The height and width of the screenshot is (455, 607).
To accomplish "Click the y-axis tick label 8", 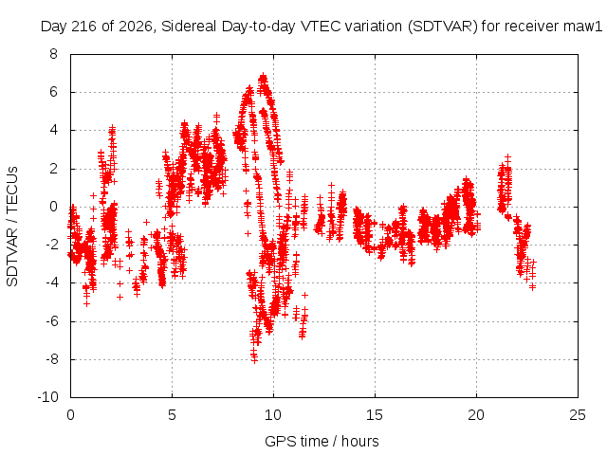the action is [x=53, y=54].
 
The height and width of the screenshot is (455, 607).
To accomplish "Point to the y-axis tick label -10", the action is [x=47, y=397].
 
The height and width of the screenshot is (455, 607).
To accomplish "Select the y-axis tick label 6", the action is [x=53, y=92].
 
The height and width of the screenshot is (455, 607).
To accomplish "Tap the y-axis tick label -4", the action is [x=51, y=282].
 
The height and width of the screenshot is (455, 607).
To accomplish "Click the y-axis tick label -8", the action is [x=51, y=359].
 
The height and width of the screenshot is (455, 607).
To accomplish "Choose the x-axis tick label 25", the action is [x=578, y=415].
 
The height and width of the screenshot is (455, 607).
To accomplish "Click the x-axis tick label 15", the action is [x=375, y=415].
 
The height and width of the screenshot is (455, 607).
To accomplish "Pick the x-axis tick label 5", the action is [x=172, y=415].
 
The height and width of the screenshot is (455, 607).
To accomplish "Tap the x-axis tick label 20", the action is [x=476, y=415].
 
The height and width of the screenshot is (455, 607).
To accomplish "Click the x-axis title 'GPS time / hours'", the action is [x=322, y=442].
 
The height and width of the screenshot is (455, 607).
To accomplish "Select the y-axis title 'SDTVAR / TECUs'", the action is [x=12, y=227].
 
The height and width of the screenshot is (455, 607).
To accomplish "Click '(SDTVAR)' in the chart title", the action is [x=443, y=27].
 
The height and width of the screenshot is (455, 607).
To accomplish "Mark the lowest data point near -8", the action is [x=254, y=360].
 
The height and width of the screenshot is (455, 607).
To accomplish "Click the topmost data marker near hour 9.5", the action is [x=264, y=75].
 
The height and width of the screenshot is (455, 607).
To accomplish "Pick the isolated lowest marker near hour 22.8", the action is [x=533, y=286].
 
